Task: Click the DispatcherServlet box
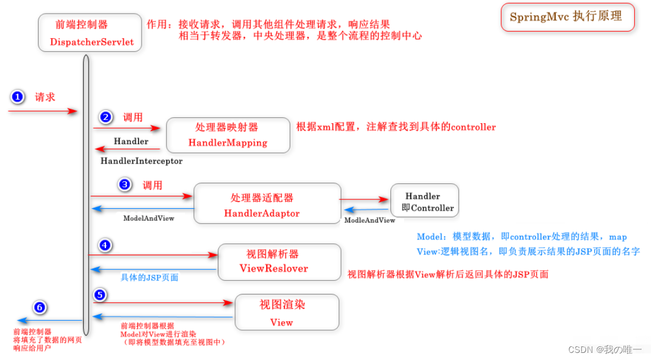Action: tap(90, 33)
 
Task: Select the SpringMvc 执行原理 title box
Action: tap(566, 17)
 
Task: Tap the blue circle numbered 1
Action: tap(18, 97)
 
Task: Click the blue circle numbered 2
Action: tap(106, 117)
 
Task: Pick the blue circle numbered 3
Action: tap(124, 184)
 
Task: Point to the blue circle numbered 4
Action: tap(105, 245)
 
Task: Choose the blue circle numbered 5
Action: tap(100, 294)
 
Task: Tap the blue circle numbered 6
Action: tap(39, 307)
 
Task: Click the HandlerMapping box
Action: tap(227, 135)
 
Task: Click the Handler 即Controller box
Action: tap(424, 202)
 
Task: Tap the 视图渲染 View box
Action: tap(287, 312)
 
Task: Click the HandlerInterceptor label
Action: tap(141, 161)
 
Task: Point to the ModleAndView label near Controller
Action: tap(370, 220)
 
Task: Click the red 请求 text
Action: tap(45, 97)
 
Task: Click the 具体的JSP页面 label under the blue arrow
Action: tap(149, 277)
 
